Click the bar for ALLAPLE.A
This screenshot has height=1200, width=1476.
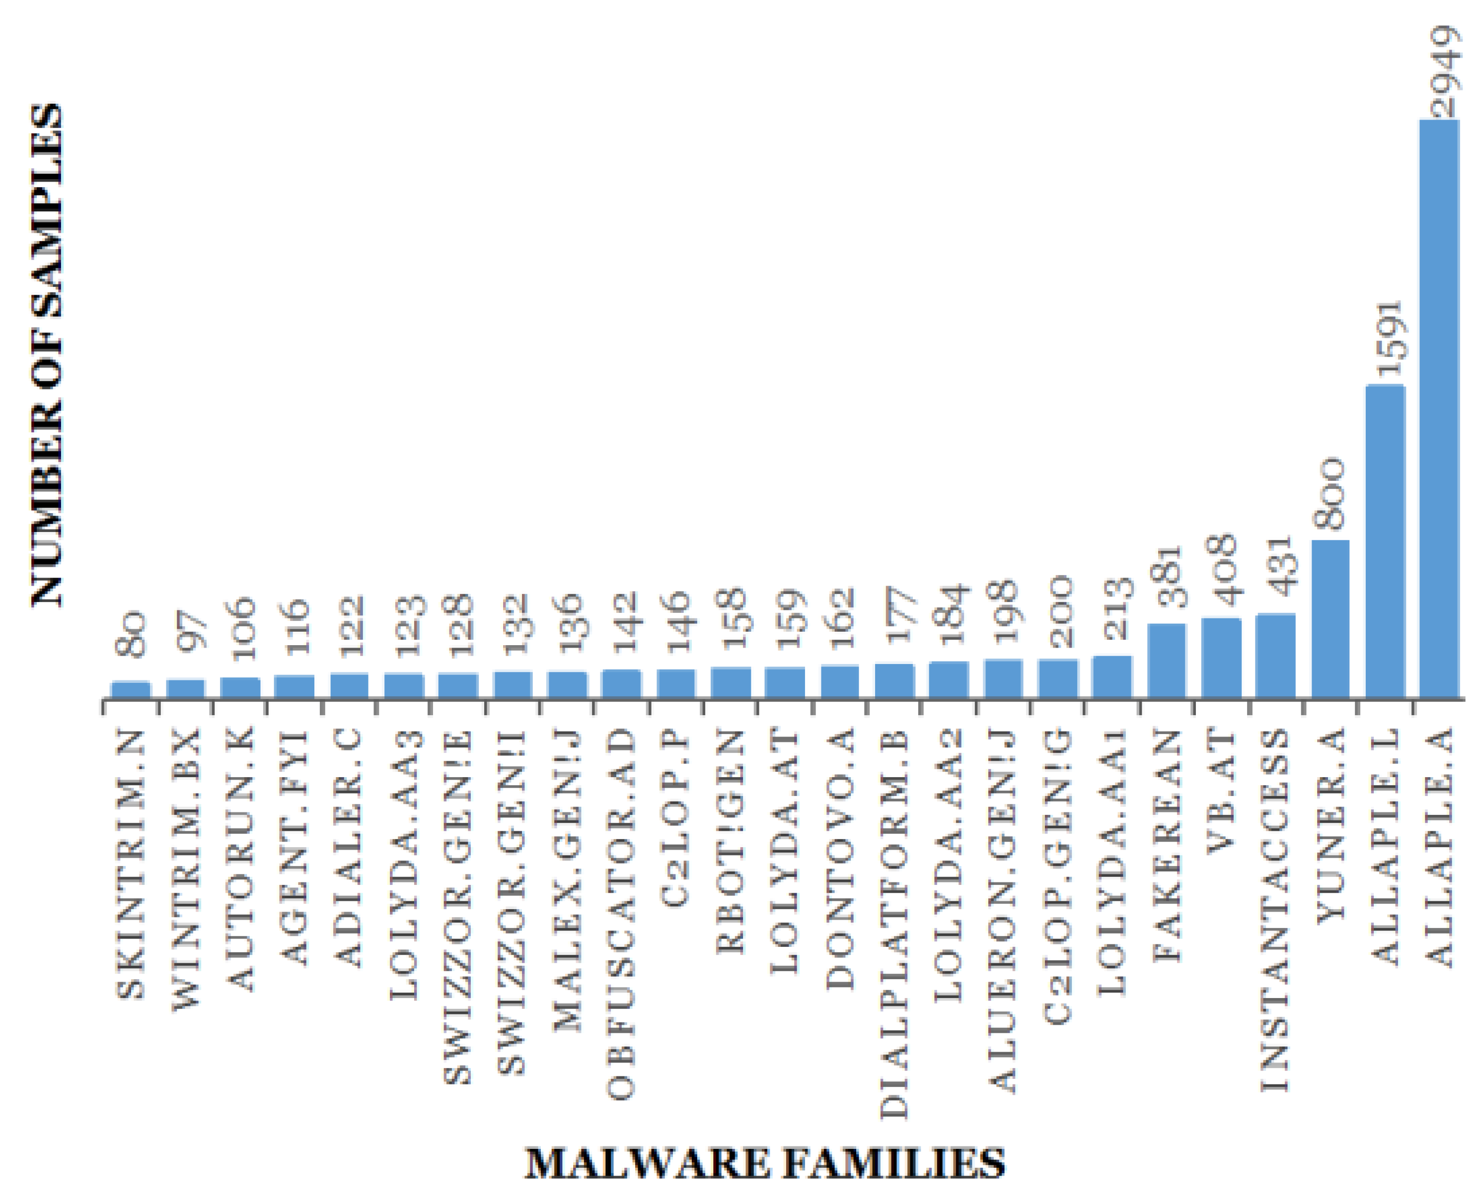pos(1439,408)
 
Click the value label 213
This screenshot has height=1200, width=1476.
pos(1111,609)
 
